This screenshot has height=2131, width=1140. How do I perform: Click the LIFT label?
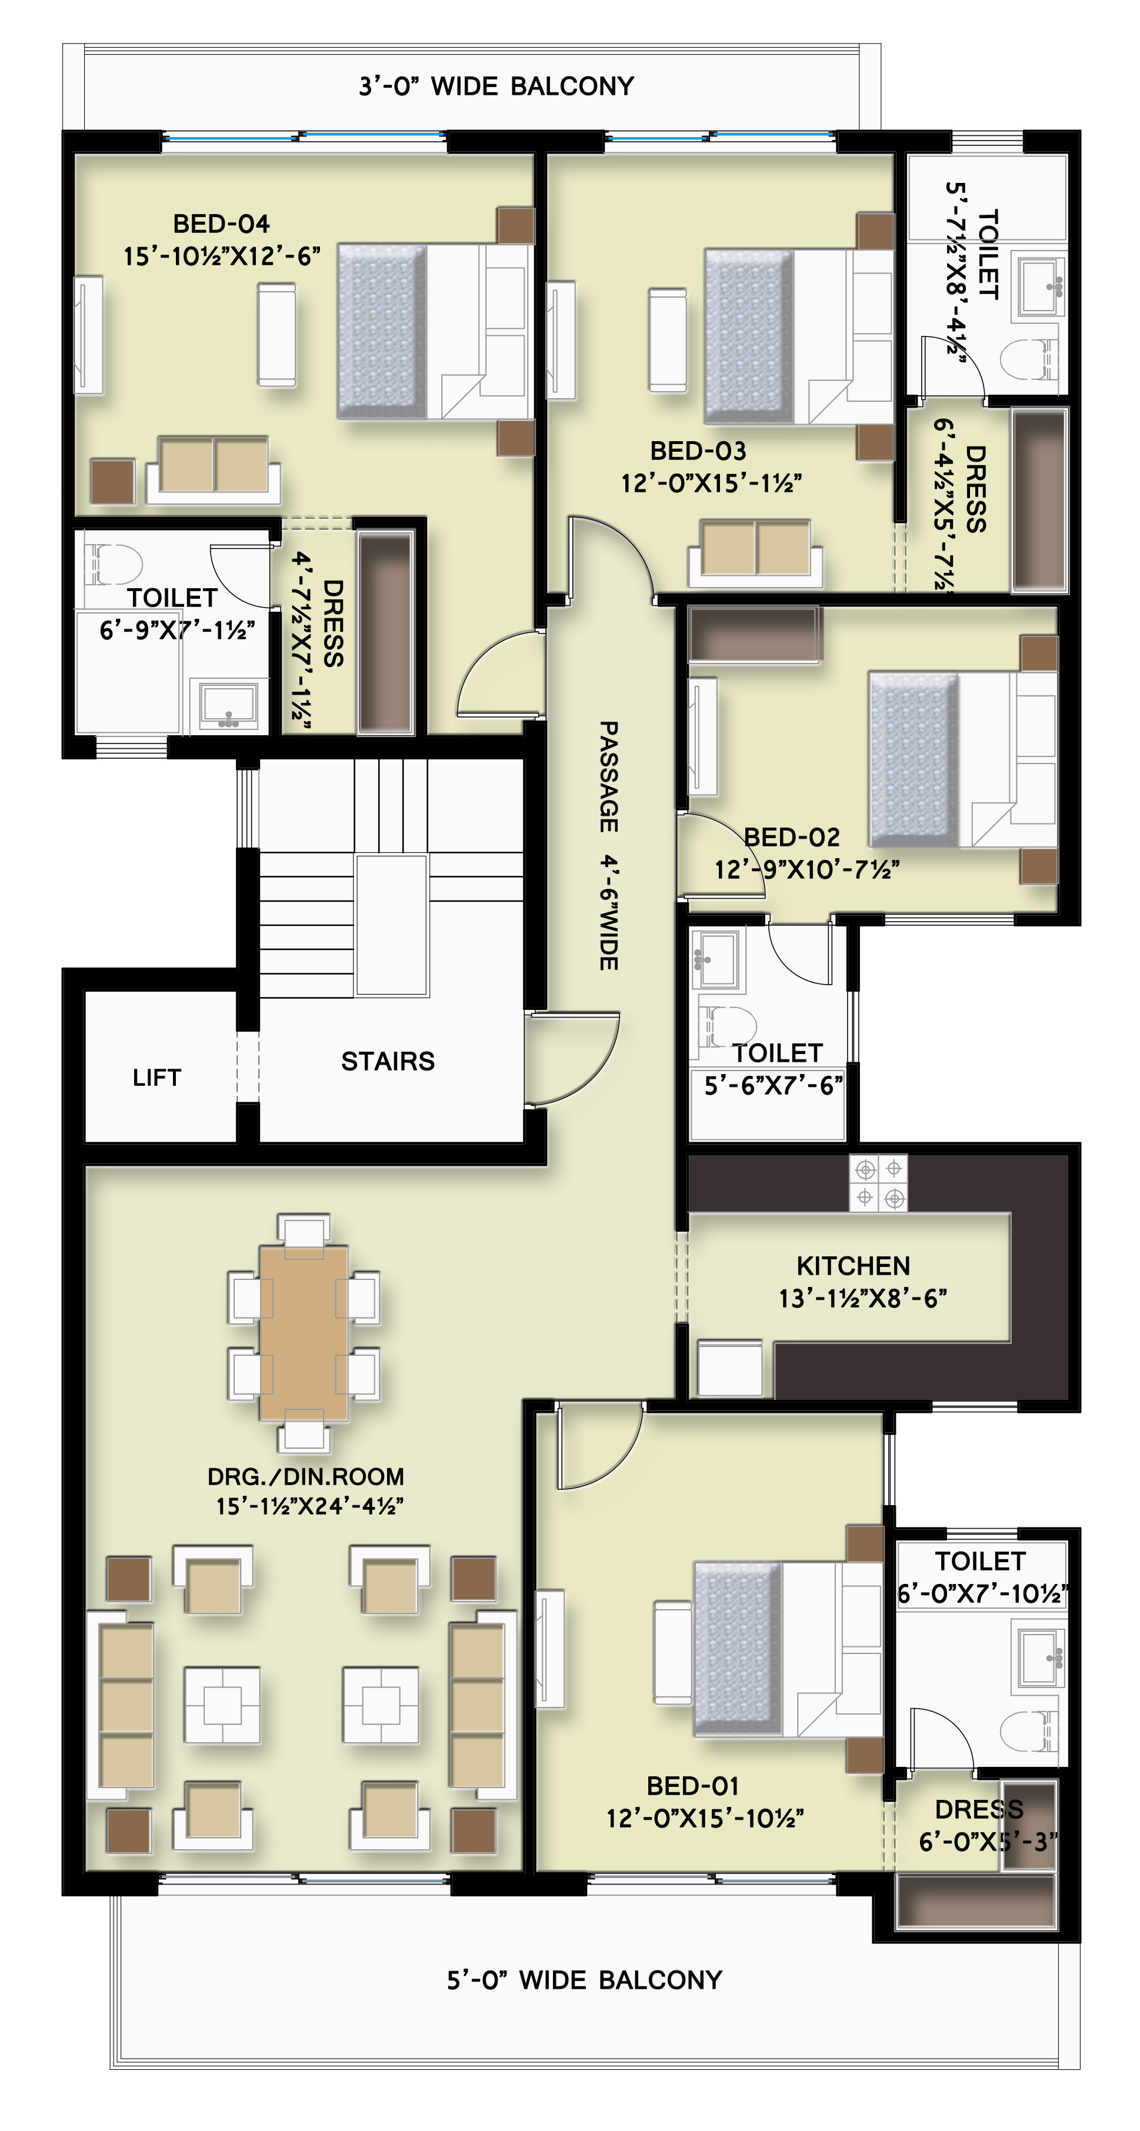[156, 1077]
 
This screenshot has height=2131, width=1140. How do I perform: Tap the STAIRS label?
[388, 1061]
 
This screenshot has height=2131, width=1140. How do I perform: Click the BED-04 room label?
[221, 224]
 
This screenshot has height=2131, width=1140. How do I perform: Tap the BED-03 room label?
[698, 451]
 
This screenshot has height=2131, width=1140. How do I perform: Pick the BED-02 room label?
[792, 837]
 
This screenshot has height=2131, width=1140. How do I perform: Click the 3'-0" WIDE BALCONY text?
[496, 86]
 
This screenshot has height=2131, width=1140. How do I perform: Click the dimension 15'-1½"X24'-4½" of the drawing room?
[309, 1506]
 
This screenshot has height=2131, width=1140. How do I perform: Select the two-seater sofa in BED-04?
[214, 470]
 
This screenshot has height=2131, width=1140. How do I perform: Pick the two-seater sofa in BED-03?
[755, 553]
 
